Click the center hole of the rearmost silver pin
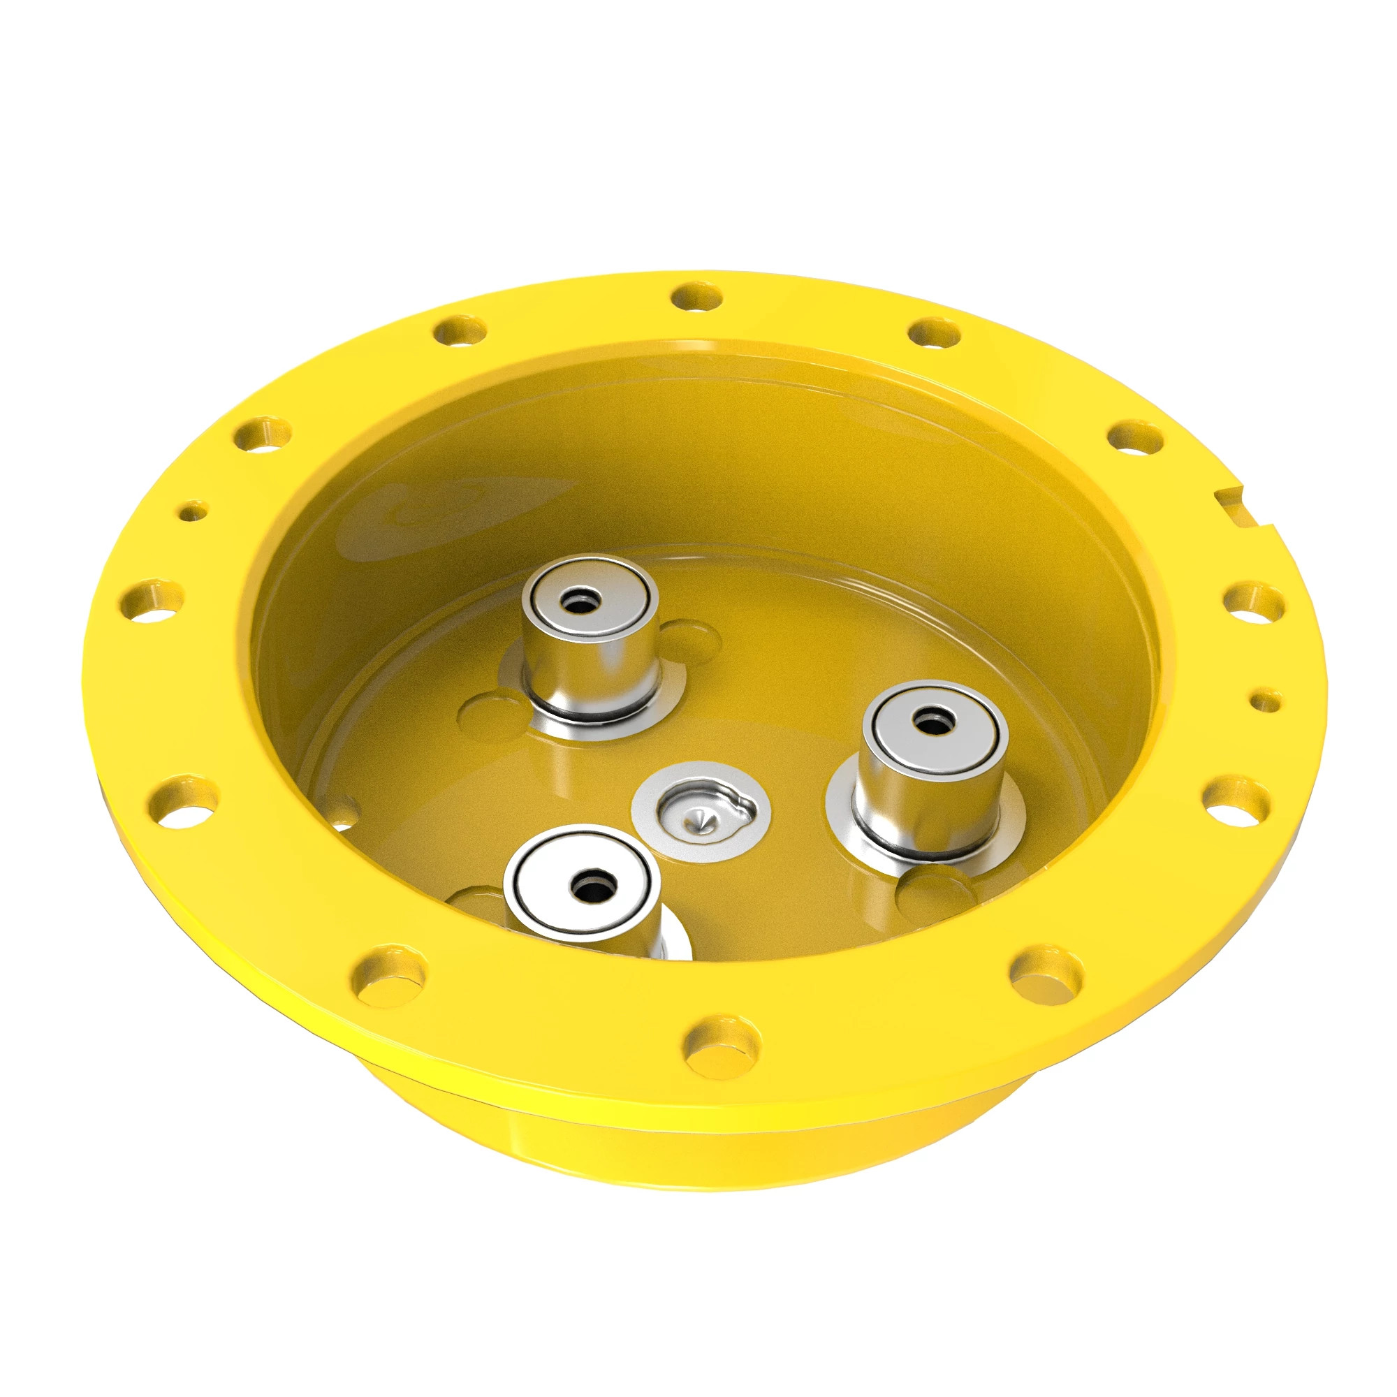(x=580, y=600)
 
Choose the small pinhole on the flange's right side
(x=1266, y=700)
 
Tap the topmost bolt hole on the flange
(x=696, y=297)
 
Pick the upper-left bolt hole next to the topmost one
(x=460, y=331)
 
